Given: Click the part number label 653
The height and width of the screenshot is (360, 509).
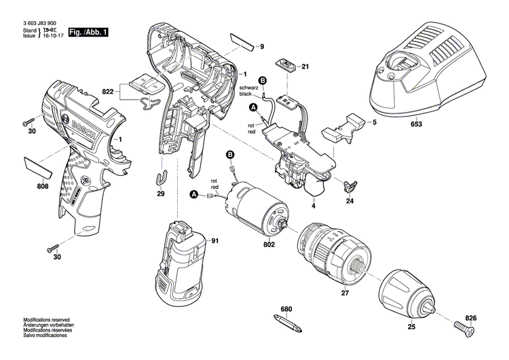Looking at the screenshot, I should pyautogui.click(x=416, y=124).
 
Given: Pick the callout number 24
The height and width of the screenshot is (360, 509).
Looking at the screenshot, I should pyautogui.click(x=350, y=201).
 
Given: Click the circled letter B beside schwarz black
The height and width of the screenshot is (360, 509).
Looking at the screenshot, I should pyautogui.click(x=263, y=81).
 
